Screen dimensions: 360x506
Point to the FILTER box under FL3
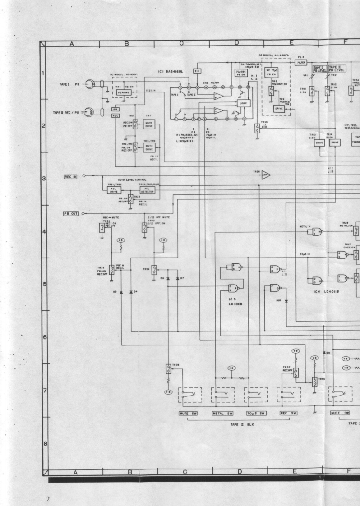pyautogui.click(x=301, y=63)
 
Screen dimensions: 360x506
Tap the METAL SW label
pyautogui.click(x=222, y=413)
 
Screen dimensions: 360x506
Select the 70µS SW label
pyautogui.click(x=255, y=413)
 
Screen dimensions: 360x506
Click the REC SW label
pyautogui.click(x=288, y=413)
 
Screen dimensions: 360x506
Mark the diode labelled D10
pyautogui.click(x=286, y=301)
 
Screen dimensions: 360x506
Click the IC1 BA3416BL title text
pyautogui.click(x=172, y=71)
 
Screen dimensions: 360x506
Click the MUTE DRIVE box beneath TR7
pyautogui.click(x=149, y=124)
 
